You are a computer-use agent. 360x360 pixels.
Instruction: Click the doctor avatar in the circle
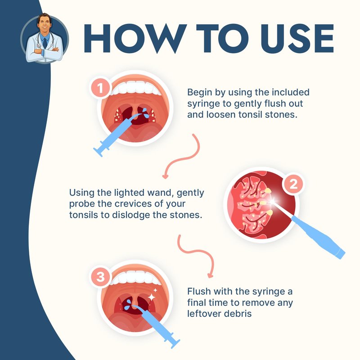[44, 38]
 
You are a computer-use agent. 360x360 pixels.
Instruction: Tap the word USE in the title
[297, 38]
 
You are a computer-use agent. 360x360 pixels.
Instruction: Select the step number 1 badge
[100, 88]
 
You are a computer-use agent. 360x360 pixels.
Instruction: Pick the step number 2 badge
[293, 184]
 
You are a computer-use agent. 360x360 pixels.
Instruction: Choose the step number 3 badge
[100, 276]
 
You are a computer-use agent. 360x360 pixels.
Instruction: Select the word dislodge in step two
[131, 215]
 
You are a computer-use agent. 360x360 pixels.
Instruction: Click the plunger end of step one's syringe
[98, 152]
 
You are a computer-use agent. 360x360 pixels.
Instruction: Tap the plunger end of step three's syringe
[175, 343]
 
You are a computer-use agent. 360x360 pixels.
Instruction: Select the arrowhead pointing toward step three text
[210, 275]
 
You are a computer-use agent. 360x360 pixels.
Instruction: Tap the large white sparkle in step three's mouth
[152, 297]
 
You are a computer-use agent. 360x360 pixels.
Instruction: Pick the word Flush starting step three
[199, 291]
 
